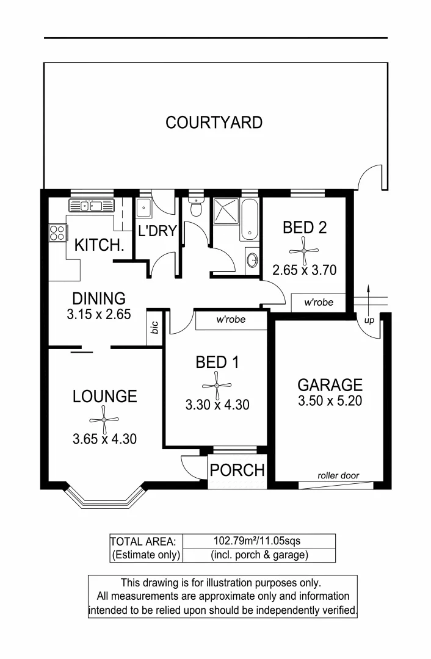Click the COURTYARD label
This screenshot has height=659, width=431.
click(214, 123)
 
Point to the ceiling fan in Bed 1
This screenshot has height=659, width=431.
click(217, 385)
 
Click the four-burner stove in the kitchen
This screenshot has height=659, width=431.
click(57, 232)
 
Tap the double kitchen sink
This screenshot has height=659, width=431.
click(90, 206)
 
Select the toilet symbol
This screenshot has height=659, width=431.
click(196, 207)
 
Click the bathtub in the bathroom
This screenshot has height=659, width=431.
click(250, 218)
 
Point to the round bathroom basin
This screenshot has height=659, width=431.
click(252, 261)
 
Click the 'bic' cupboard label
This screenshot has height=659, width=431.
click(155, 328)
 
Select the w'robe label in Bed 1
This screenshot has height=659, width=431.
click(231, 319)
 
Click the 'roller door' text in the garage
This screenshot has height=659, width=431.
click(338, 476)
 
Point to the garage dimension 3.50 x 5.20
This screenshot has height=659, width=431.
click(330, 401)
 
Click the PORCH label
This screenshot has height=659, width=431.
click(237, 470)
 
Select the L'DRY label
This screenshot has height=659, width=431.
click(157, 231)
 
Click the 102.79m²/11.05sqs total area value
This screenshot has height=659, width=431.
click(258, 541)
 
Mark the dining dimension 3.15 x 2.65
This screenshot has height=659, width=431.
click(99, 315)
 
